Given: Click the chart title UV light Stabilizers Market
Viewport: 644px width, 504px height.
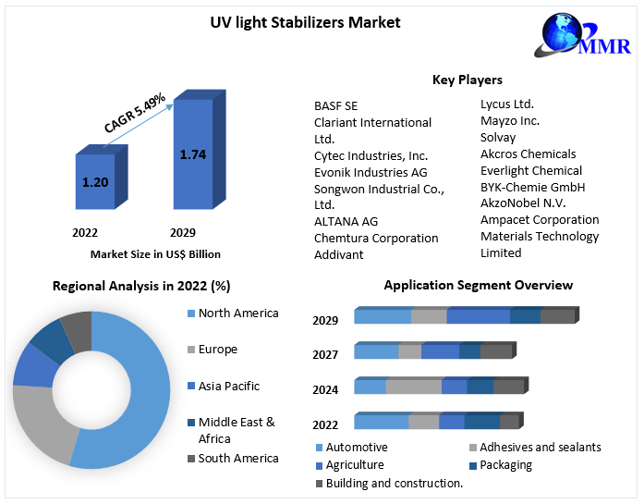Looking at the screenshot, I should [305, 22].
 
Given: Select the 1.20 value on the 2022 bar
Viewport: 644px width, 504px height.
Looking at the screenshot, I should [95, 182].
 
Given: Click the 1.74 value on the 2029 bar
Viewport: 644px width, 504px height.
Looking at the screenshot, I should [192, 154].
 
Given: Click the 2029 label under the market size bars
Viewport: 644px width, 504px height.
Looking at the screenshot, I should [182, 232].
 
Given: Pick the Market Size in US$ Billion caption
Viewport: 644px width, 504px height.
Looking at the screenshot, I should [155, 253].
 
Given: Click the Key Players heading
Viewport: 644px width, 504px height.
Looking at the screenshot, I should [468, 80].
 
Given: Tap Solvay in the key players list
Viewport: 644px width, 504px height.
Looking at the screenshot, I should [498, 137].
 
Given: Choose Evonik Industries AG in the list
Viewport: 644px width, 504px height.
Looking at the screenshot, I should [371, 172].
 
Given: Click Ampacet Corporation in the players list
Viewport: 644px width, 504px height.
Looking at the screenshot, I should [540, 219].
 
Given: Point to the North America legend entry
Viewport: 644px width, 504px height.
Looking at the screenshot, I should [237, 313].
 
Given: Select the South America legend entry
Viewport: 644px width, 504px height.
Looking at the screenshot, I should [237, 459].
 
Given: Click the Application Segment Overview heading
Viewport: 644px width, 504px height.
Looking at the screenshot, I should [478, 285].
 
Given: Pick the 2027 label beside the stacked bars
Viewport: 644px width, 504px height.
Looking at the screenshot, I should [325, 355].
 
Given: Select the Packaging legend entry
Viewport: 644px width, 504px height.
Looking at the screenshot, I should [505, 465].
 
